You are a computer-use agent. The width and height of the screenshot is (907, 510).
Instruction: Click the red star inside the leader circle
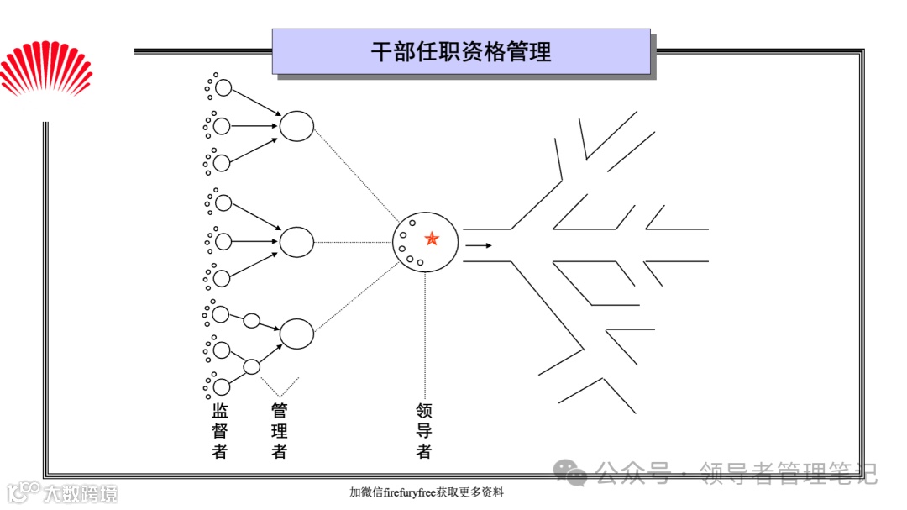tap(432, 239)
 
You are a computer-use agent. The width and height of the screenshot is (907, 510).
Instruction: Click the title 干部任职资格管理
tap(461, 52)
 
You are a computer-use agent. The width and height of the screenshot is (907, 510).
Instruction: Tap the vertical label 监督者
tap(220, 431)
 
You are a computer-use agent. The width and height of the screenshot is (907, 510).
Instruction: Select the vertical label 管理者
tap(280, 431)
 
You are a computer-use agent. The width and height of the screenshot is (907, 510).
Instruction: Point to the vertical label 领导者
tap(424, 431)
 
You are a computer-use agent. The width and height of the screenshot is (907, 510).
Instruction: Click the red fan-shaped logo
tap(46, 71)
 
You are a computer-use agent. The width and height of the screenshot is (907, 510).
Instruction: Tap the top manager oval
tap(296, 126)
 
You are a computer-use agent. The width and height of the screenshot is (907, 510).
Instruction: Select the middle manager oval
tap(296, 242)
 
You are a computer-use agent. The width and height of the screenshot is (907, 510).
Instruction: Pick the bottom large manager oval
tap(296, 334)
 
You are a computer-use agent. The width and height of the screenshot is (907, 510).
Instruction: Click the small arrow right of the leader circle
tap(480, 245)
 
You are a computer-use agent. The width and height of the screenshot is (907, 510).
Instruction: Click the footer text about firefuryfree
tap(427, 492)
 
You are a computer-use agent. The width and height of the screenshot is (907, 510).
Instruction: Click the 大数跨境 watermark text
tap(81, 493)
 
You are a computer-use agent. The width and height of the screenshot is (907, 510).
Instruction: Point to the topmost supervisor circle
tap(223, 87)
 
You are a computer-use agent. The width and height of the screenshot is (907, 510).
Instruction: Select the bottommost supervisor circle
tap(222, 387)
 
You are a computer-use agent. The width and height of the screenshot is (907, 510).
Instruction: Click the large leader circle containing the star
tap(425, 244)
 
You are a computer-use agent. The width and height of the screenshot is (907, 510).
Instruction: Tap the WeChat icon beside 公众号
tap(575, 474)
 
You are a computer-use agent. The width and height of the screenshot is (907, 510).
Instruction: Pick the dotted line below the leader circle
tap(425, 336)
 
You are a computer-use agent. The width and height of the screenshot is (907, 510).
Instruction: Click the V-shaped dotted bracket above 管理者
tap(280, 387)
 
